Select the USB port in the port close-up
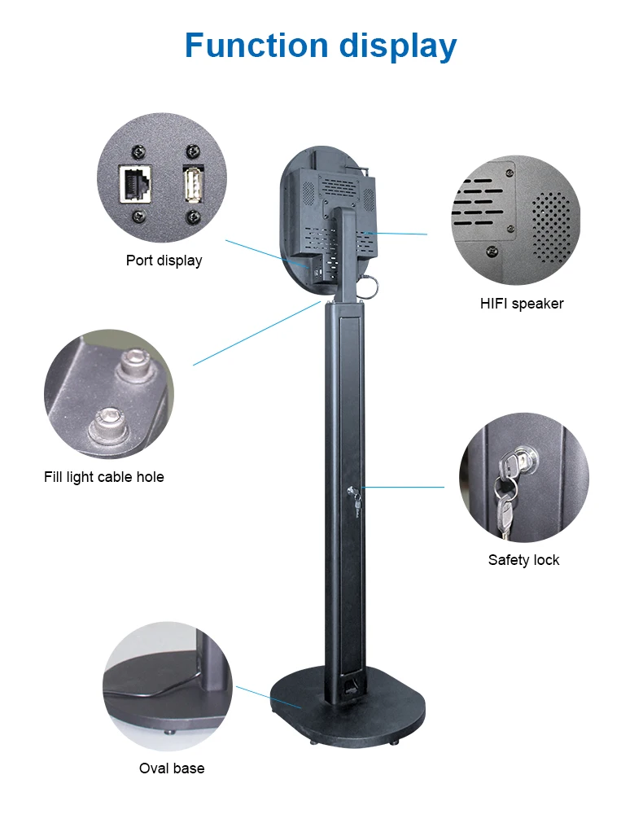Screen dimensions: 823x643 [193, 186]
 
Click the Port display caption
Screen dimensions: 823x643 [164, 260]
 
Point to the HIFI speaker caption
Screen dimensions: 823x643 [522, 304]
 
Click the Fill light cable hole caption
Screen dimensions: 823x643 [103, 477]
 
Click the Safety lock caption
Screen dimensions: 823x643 [523, 560]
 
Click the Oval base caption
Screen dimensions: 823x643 [172, 768]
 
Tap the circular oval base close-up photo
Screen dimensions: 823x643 [167, 683]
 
